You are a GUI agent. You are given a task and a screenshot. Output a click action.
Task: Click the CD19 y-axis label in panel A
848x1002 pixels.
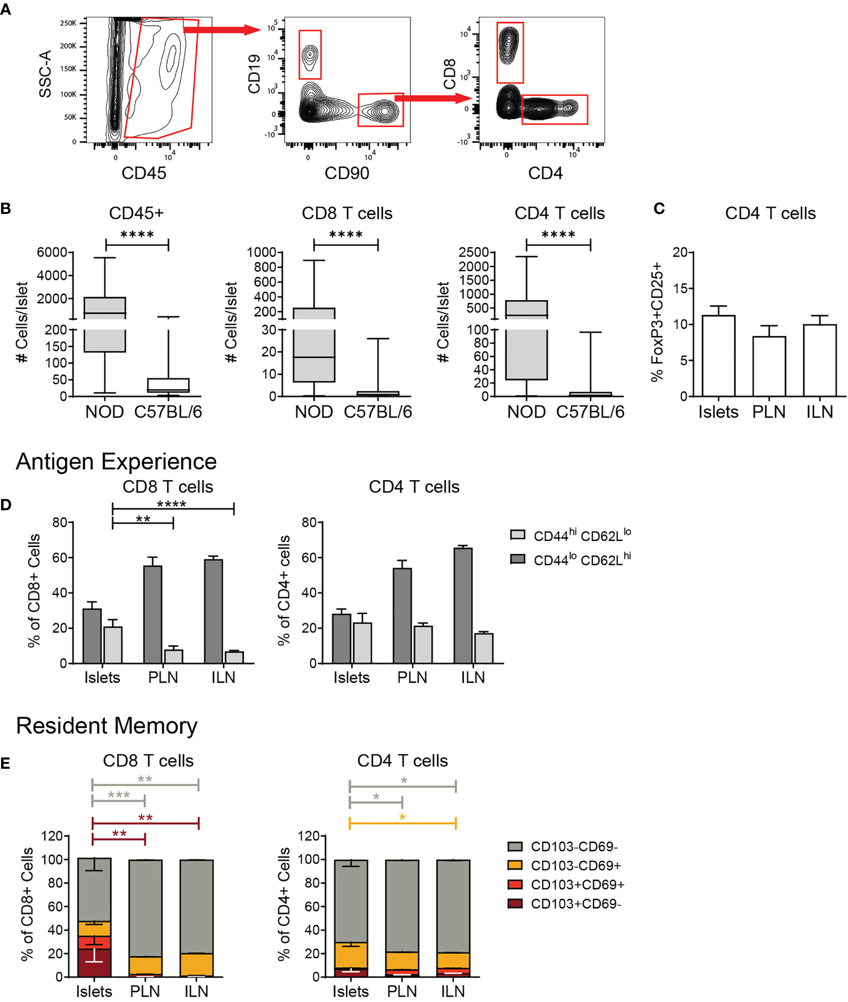click(x=254, y=74)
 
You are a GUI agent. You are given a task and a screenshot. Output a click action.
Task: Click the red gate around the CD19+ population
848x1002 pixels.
click(x=310, y=55)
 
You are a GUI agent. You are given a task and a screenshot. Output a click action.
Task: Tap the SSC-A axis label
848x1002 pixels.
click(x=45, y=74)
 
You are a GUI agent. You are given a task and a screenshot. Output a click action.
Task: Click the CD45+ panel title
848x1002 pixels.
click(x=136, y=213)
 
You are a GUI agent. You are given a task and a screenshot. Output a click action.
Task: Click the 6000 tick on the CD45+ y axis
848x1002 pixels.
click(x=52, y=252)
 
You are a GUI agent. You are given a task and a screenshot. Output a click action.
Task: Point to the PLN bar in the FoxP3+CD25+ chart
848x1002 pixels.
click(x=769, y=366)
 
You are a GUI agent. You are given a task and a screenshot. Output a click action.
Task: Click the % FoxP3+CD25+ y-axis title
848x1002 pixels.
click(x=657, y=322)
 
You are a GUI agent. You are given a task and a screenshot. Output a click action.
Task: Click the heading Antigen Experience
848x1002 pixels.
click(x=116, y=462)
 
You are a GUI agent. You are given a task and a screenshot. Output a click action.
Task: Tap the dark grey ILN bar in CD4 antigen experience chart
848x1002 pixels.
click(x=463, y=605)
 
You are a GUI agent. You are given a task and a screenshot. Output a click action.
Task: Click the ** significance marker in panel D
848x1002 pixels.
click(x=143, y=519)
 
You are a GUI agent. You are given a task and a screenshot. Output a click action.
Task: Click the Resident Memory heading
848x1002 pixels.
click(x=107, y=726)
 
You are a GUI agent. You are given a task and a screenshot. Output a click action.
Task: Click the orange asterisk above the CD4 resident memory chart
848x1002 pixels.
click(x=402, y=818)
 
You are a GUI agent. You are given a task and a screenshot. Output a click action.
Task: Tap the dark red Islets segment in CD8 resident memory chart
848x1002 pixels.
click(x=94, y=963)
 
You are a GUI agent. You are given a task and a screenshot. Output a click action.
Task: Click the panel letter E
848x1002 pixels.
click(x=5, y=763)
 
